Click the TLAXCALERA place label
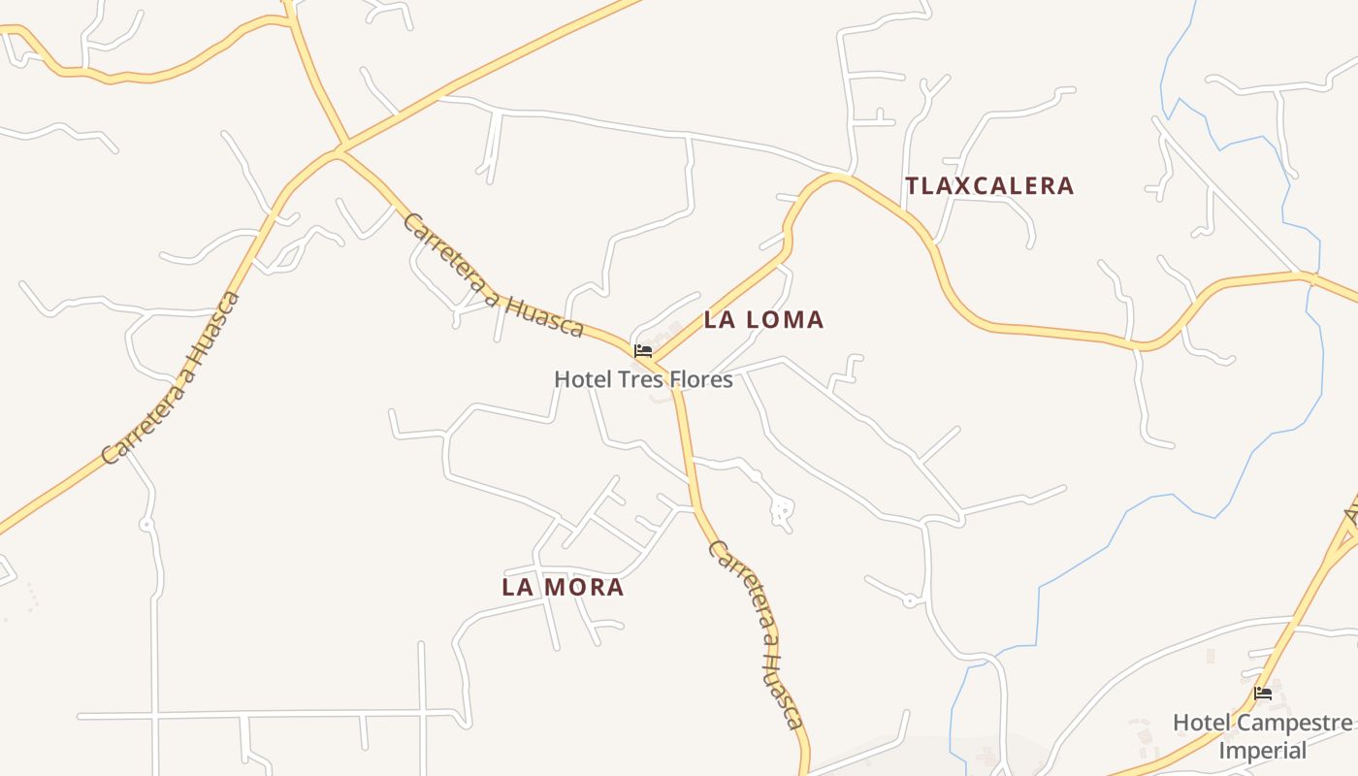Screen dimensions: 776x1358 coord(989,185)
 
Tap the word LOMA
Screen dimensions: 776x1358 coord(784,319)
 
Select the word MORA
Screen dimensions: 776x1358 coord(590,587)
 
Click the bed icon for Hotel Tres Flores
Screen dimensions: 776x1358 coord(642,350)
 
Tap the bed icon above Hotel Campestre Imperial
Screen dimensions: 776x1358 coord(1262,694)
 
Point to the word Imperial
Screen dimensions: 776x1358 coord(1262,750)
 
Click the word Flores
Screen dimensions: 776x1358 coord(698,379)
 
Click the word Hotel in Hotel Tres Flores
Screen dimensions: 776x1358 coord(582,379)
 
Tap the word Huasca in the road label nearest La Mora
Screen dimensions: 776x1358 coord(781,687)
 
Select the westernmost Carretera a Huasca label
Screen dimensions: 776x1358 coord(171,378)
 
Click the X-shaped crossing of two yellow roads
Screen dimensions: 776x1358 coord(340,150)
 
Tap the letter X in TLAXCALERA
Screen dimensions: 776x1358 coord(958,185)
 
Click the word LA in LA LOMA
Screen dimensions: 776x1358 coord(719,319)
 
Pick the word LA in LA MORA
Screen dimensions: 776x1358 coord(517,587)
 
